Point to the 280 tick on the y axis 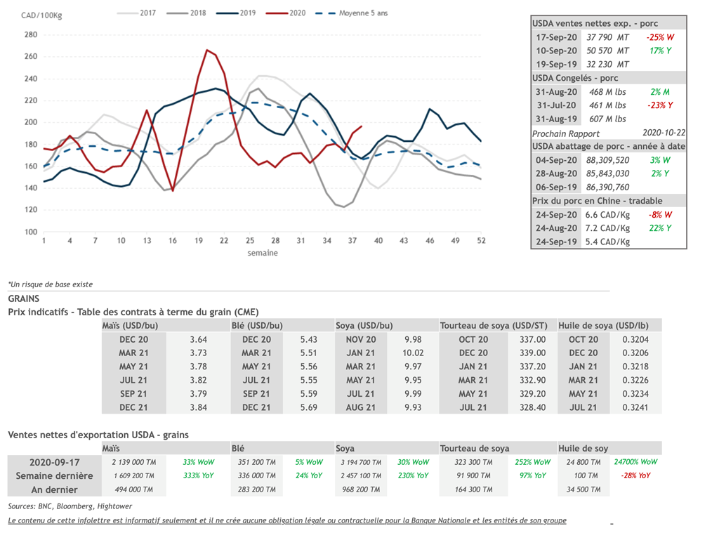tap(31, 34)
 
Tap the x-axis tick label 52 tap(480, 241)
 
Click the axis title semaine tap(262, 253)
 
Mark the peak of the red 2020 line tap(207, 51)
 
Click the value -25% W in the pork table tap(660, 37)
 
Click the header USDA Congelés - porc tap(575, 78)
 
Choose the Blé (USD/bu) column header tap(257, 326)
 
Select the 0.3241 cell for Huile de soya tap(635, 407)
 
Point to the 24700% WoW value tap(635, 462)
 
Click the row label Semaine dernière tap(55, 475)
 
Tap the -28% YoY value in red tap(635, 475)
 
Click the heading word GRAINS tap(23, 298)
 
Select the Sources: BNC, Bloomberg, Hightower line tap(70, 506)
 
